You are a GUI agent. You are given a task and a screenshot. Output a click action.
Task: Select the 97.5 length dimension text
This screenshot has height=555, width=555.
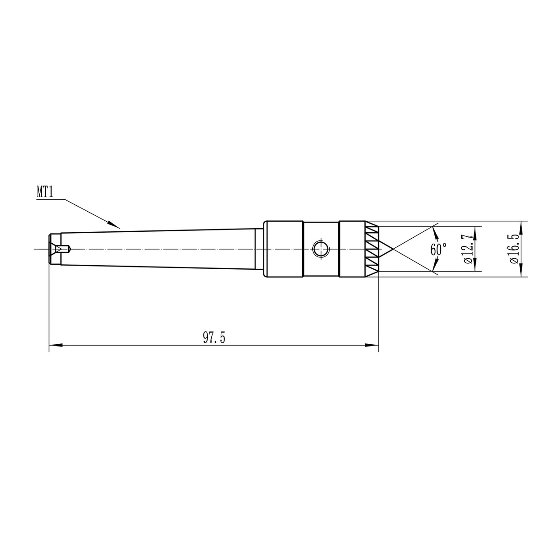tap(214, 338)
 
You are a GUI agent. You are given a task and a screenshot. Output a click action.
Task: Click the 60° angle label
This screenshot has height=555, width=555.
tap(438, 249)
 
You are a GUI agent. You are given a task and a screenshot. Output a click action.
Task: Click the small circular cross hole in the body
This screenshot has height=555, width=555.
tap(320, 249)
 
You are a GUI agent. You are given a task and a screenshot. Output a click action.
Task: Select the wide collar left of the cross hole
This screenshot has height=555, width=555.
tap(283, 249)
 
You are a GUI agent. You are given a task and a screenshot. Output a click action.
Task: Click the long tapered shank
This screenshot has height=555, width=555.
tap(160, 249)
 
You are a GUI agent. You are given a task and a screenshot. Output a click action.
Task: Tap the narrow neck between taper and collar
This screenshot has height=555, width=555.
tap(259, 249)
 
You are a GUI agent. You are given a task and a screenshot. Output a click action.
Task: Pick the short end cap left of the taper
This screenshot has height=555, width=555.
tap(54, 249)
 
